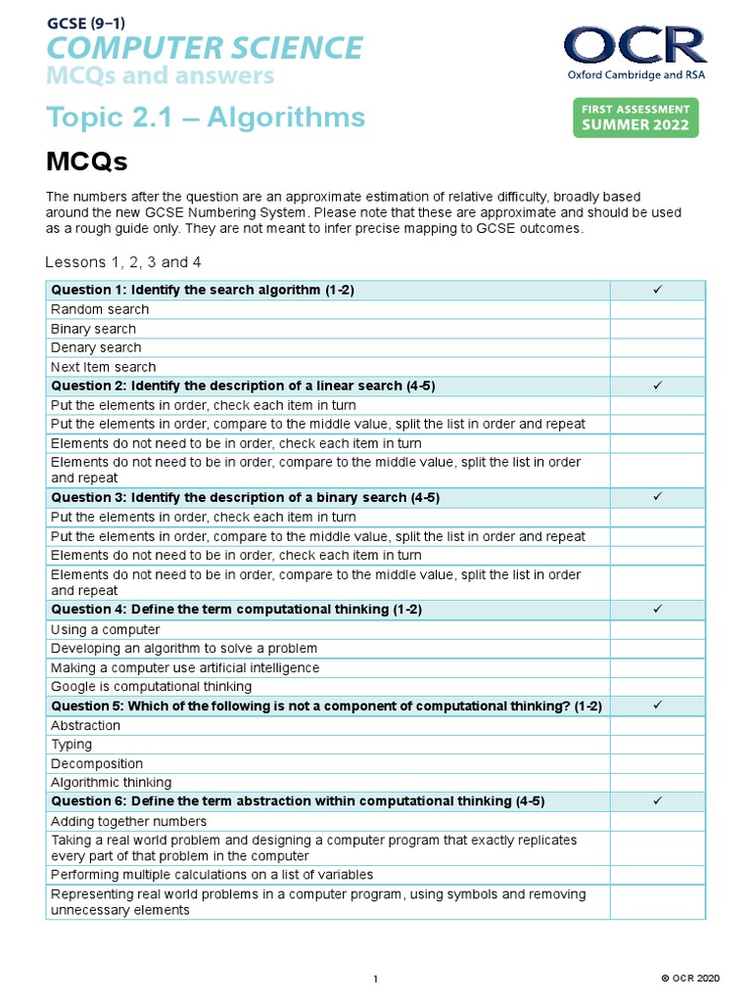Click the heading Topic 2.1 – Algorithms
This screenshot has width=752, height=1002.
click(206, 117)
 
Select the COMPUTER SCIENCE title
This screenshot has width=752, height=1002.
click(205, 47)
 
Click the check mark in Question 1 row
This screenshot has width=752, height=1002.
click(658, 290)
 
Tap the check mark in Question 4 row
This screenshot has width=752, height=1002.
click(658, 610)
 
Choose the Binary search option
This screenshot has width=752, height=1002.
click(94, 329)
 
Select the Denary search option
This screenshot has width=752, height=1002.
click(96, 347)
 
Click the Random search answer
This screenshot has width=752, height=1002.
click(100, 309)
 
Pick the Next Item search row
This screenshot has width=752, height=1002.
click(103, 367)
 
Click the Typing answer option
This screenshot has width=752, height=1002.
click(71, 745)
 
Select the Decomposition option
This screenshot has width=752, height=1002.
click(97, 763)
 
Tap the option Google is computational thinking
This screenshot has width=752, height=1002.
click(151, 686)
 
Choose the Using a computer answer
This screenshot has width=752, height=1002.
click(105, 629)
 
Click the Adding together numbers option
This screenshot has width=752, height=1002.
click(128, 821)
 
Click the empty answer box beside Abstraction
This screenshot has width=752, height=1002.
click(658, 725)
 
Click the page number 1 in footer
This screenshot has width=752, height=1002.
click(376, 979)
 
